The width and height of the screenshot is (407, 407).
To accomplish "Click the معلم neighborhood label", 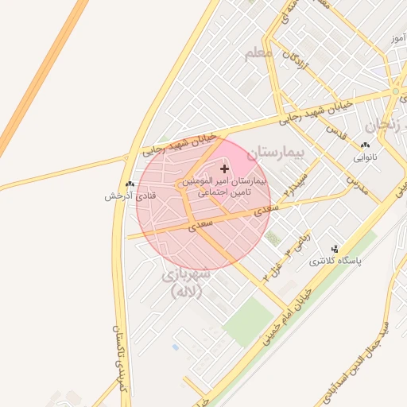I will (259, 52).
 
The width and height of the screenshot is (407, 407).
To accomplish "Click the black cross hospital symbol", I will (224, 169).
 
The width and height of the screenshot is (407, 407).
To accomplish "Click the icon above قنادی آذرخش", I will (130, 184).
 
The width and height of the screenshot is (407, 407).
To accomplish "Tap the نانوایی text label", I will (366, 157).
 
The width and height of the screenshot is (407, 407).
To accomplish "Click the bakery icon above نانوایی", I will (365, 145).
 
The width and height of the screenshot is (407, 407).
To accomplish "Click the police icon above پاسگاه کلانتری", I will (335, 249).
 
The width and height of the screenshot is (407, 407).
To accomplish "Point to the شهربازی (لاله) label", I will (185, 282).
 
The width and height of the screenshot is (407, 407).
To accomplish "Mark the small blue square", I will (175, 347).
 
